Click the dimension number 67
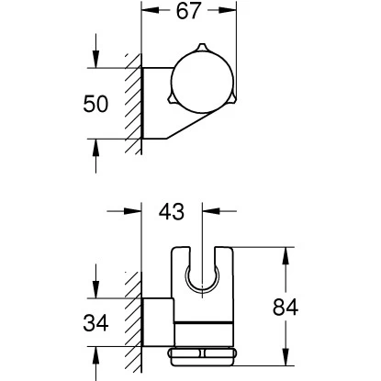coord(188,11)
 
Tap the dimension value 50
coord(95,104)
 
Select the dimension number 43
coord(172,211)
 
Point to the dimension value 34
coord(95,322)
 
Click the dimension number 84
coord(286,307)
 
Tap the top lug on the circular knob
coord(202,48)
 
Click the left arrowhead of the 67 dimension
coord(150,10)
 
